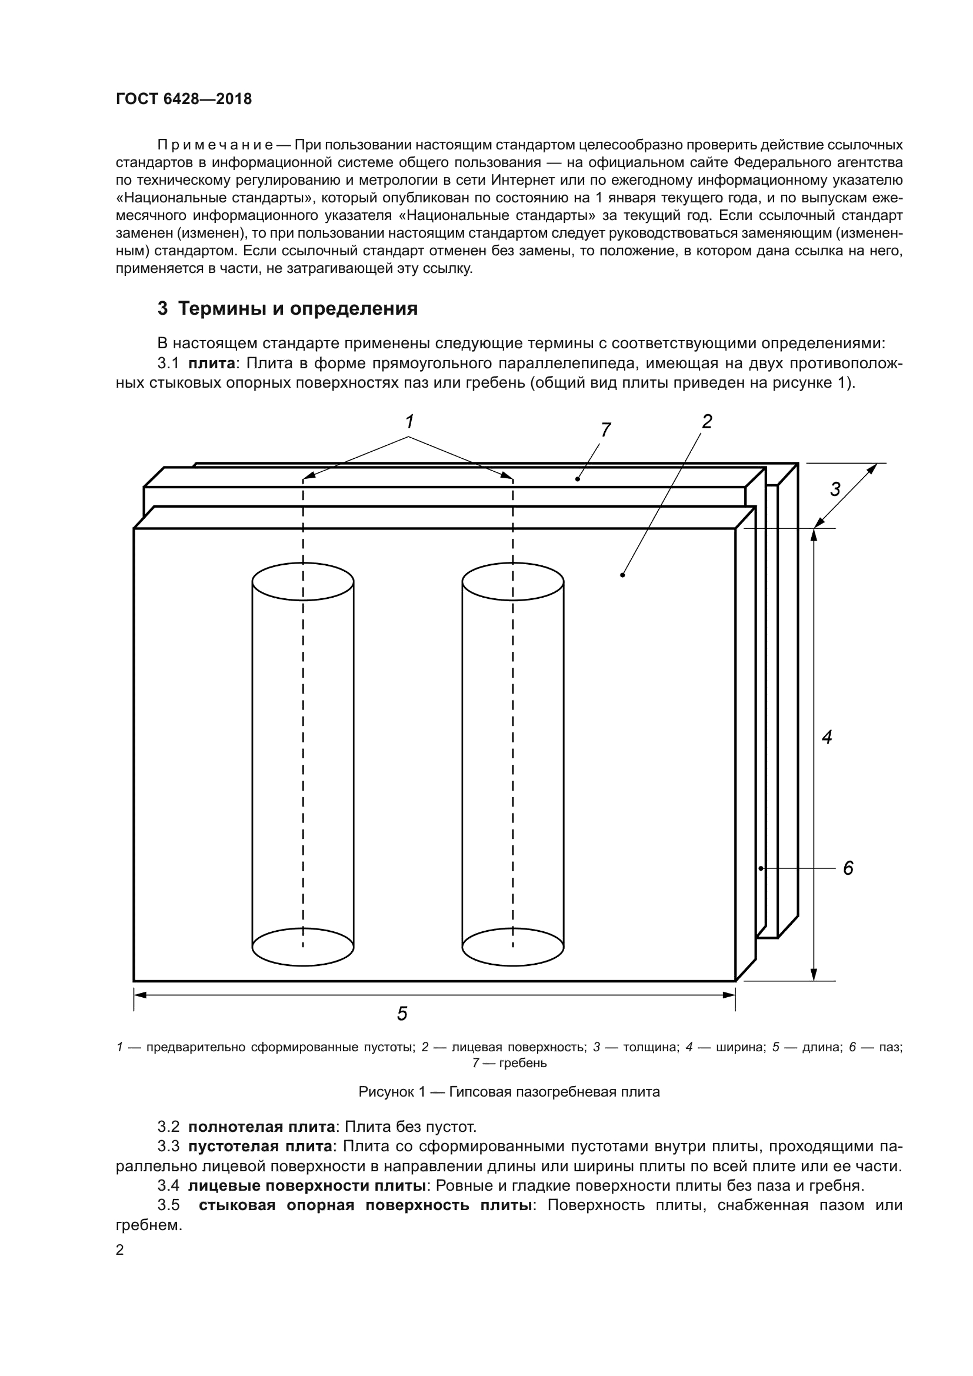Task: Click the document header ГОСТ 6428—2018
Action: tap(184, 99)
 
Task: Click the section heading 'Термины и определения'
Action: tap(298, 309)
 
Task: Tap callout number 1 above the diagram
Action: tap(409, 422)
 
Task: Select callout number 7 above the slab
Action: tap(606, 429)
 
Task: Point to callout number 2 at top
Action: tap(707, 422)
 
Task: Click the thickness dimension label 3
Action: tap(835, 489)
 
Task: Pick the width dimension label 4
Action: tap(827, 737)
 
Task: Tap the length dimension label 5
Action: tap(402, 1014)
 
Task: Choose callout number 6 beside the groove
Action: tap(848, 868)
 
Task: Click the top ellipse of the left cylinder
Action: tap(302, 581)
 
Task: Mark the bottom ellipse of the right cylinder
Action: tap(513, 947)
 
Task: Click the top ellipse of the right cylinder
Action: tap(513, 581)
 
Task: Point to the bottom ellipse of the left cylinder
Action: tap(302, 947)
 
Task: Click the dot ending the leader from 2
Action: tap(623, 575)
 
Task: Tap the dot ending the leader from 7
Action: tap(578, 479)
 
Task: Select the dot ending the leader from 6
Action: tap(761, 868)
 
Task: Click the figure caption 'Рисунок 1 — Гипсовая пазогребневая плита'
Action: tap(509, 1092)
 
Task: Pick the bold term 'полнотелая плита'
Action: tap(262, 1127)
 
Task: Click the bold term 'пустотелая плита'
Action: tap(260, 1147)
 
